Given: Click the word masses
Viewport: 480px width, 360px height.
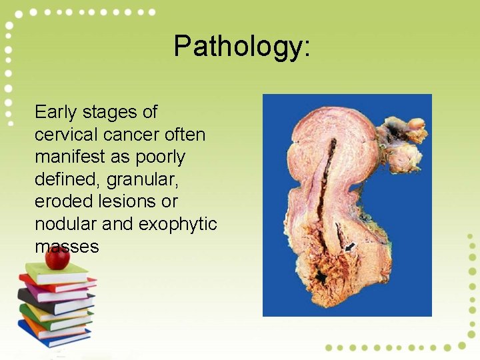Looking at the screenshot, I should (x=67, y=246).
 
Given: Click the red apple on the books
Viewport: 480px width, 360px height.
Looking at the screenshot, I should (x=58, y=258).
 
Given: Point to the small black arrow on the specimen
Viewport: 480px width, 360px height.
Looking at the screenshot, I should (x=350, y=247).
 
